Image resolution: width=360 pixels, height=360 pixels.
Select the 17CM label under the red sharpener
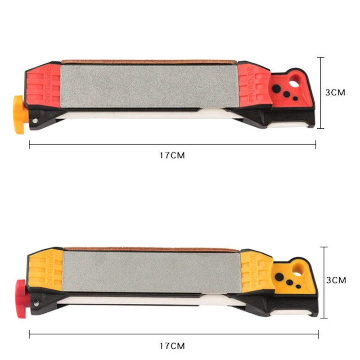pos(172,155)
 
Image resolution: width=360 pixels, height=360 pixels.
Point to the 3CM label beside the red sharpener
pos(335,92)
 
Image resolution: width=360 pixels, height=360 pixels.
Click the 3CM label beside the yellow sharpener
pos(335,280)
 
